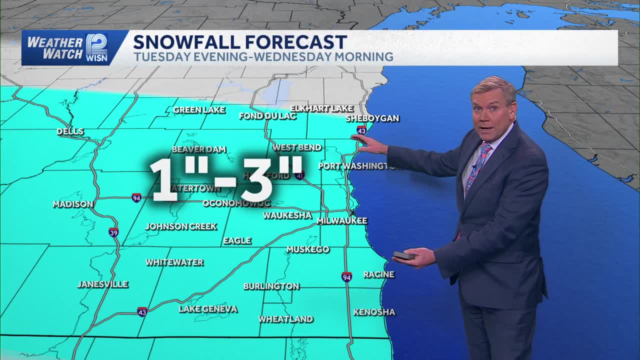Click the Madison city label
tap(73, 204)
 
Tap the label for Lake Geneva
tap(208, 309)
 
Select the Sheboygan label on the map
tap(372, 118)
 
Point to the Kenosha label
tap(374, 312)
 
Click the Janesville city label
tap(102, 284)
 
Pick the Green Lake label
tap(199, 110)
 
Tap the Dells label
tap(70, 131)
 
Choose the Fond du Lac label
tap(267, 116)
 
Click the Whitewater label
tap(174, 262)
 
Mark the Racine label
tap(378, 274)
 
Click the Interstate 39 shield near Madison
tap(114, 232)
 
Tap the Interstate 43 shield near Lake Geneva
tap(142, 311)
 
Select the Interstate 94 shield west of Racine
tap(346, 276)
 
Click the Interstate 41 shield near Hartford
tap(299, 175)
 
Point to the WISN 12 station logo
tap(96, 47)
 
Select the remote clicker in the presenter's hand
tap(403, 255)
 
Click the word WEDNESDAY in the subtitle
tap(291, 57)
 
